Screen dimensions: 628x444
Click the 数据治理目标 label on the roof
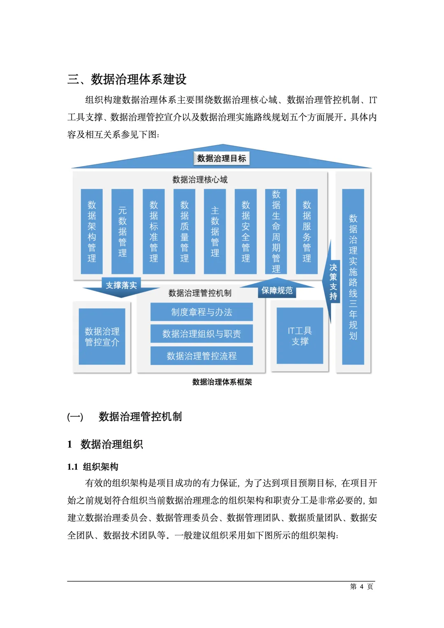(x=222, y=159)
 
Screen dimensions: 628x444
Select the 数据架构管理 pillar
(x=92, y=231)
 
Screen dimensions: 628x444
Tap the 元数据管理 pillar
(x=123, y=231)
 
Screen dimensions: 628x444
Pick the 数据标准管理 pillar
(x=153, y=231)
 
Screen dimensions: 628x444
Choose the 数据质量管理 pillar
(x=184, y=231)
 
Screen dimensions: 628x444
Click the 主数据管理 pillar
(x=215, y=231)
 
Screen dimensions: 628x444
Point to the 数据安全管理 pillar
(x=245, y=231)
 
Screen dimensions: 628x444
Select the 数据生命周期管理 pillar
(x=276, y=231)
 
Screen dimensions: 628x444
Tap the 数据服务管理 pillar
(x=307, y=231)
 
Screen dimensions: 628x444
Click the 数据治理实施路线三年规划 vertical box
(x=353, y=277)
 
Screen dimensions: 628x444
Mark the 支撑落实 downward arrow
(x=121, y=286)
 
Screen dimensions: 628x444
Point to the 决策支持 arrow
(x=333, y=282)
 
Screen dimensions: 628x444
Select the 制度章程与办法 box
(x=201, y=312)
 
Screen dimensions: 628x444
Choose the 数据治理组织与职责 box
(x=201, y=334)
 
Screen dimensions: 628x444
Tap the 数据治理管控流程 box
(x=201, y=356)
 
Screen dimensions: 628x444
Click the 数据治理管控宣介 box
(x=102, y=337)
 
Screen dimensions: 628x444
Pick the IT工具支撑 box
(x=300, y=336)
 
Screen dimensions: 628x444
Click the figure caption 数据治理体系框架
(x=222, y=382)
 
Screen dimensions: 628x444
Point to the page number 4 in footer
(x=361, y=586)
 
